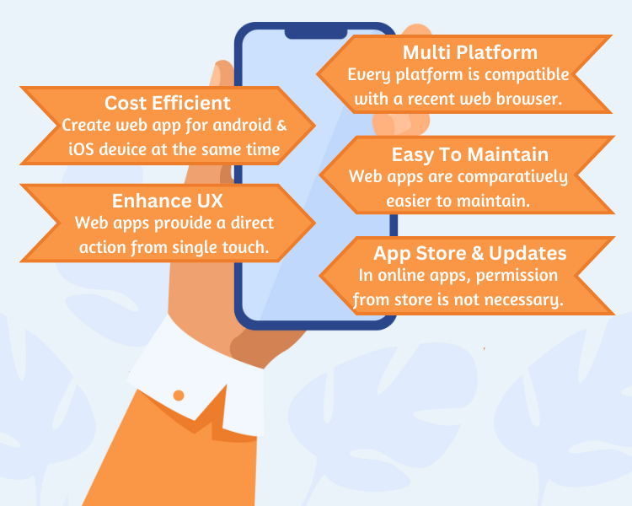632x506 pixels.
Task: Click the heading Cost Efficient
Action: pos(168,103)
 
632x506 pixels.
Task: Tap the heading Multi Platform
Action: pos(470,52)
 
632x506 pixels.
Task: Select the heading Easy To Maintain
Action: pos(470,154)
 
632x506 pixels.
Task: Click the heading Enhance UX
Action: pos(168,201)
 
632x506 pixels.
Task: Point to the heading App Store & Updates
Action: pos(470,253)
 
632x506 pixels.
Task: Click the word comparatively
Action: pos(512,178)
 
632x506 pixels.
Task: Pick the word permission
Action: pos(517,276)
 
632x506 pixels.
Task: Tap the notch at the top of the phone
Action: pos(316,34)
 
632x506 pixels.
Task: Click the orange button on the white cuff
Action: pos(179,396)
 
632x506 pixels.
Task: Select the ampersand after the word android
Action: pos(281,125)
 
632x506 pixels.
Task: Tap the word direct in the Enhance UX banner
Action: pos(252,223)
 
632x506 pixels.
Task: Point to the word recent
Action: pos(431,100)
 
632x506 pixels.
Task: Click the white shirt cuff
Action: pos(196,375)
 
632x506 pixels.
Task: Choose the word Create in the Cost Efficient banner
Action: pos(87,125)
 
